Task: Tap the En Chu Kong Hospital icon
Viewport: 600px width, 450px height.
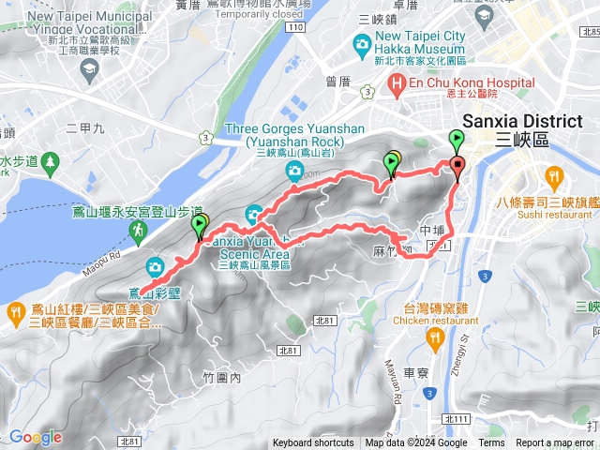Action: coord(397,84)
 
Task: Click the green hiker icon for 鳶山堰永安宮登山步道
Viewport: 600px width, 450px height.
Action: coord(138,229)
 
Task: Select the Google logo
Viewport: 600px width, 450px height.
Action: coord(35,437)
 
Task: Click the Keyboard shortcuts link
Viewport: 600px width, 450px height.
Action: coord(313,443)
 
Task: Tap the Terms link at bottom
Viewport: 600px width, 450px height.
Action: coord(491,443)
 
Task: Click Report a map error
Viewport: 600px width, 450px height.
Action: coord(556,443)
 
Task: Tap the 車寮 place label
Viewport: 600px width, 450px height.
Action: coord(416,373)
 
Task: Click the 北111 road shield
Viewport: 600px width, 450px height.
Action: coord(457,419)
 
